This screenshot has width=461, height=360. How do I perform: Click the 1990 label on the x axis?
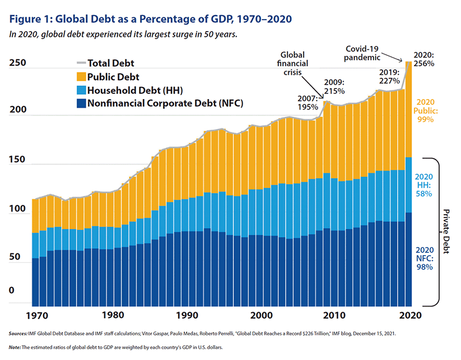click(187, 316)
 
